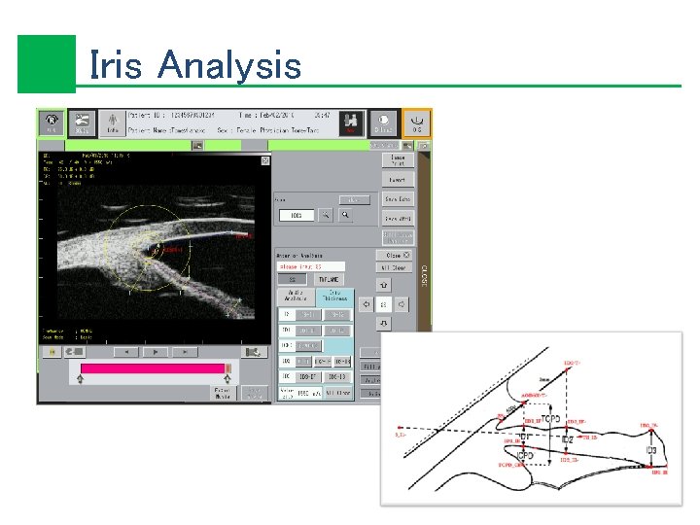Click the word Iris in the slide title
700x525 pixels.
click(116, 65)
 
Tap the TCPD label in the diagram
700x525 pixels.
click(551, 418)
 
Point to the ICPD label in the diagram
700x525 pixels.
click(525, 454)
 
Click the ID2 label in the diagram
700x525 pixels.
click(567, 439)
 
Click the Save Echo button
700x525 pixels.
click(398, 198)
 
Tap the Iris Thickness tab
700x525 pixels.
click(333, 296)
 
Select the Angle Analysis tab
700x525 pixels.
click(297, 296)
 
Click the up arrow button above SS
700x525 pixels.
click(384, 285)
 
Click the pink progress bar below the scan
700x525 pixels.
click(153, 368)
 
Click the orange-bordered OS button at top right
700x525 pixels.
click(416, 122)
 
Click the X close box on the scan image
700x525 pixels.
click(264, 160)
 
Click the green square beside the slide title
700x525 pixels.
click(46, 64)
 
